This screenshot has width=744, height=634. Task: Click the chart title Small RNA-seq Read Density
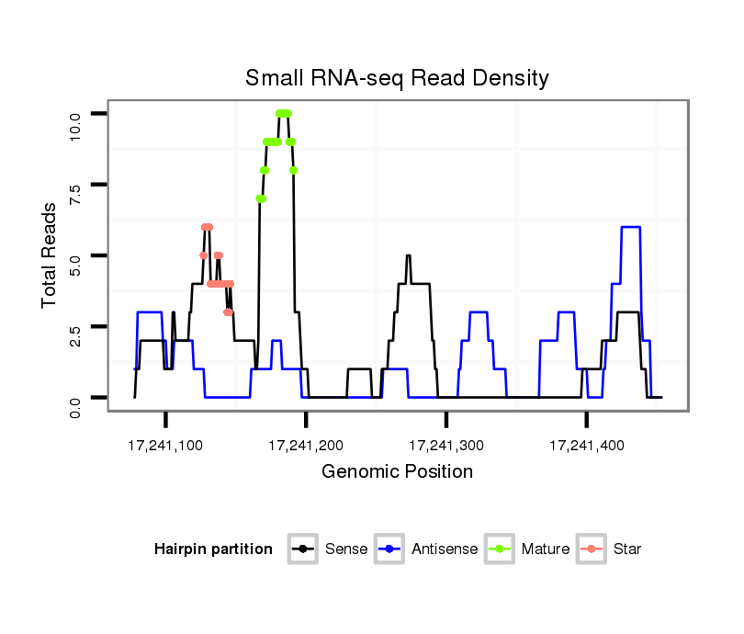point(397,78)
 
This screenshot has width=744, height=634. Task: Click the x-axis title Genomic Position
point(397,472)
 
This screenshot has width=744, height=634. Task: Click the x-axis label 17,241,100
point(165,446)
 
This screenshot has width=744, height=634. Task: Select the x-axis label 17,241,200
point(306,446)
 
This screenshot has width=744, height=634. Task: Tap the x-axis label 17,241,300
point(446,446)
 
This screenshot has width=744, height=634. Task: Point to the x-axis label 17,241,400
point(587,446)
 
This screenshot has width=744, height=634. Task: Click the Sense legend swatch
point(303,549)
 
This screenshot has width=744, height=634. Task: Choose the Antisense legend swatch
point(389,549)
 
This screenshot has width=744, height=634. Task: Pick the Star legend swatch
point(591,549)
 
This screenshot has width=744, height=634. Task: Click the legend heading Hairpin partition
point(213,549)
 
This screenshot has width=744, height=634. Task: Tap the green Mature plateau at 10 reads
point(283,113)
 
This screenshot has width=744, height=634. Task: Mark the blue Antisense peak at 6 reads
point(631,227)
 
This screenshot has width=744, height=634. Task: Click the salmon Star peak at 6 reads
point(207,227)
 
